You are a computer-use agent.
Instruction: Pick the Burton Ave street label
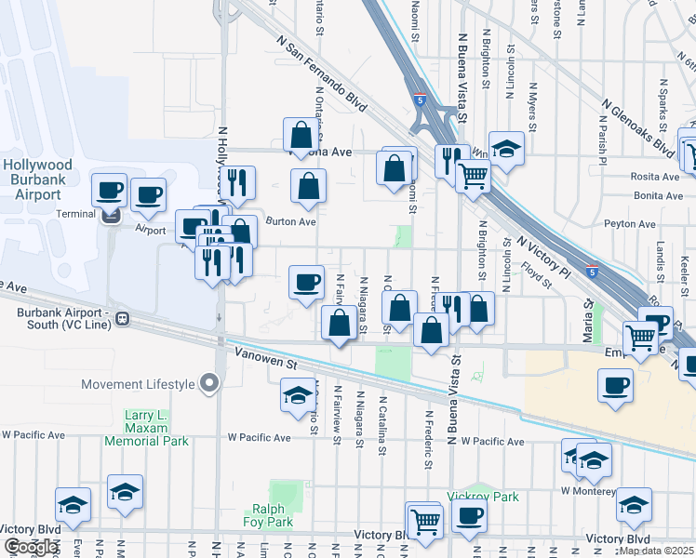click(x=291, y=222)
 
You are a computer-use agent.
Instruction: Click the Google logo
click(x=30, y=548)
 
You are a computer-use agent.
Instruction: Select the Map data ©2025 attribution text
click(x=655, y=551)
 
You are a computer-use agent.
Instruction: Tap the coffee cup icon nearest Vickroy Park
click(x=470, y=517)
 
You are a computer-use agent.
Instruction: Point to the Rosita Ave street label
click(x=656, y=177)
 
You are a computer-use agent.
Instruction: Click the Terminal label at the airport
click(x=74, y=214)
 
